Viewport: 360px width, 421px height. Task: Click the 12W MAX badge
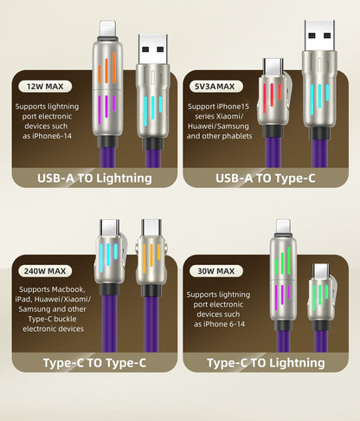click(x=45, y=87)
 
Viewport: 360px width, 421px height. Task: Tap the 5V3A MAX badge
click(x=216, y=87)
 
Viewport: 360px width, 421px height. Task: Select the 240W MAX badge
click(x=45, y=271)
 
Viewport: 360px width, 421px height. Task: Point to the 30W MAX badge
click(x=216, y=271)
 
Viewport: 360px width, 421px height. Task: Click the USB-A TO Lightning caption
click(x=94, y=178)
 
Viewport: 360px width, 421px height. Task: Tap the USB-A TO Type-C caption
click(x=266, y=178)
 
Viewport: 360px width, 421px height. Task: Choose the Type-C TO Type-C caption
click(x=94, y=363)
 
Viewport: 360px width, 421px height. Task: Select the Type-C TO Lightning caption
click(x=266, y=363)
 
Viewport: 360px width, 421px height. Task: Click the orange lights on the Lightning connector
click(x=106, y=69)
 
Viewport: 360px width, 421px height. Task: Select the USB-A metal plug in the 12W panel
click(x=152, y=49)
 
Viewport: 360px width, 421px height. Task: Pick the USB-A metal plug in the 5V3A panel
click(x=319, y=36)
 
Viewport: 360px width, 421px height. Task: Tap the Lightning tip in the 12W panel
click(x=107, y=29)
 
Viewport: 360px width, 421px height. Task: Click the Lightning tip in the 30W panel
click(x=283, y=226)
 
